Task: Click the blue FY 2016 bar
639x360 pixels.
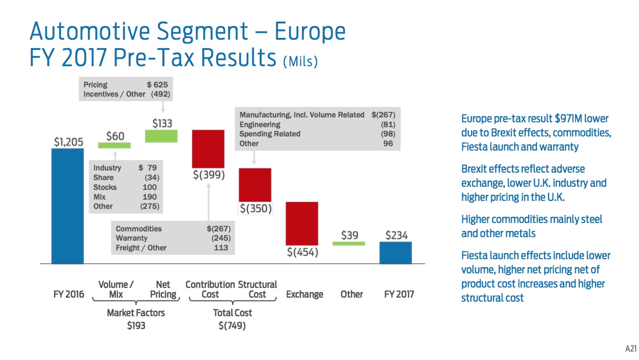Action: [x=67, y=206]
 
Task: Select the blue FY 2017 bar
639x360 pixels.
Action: [x=396, y=253]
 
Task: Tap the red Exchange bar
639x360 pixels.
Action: [x=302, y=224]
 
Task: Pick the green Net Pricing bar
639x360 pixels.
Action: [x=161, y=136]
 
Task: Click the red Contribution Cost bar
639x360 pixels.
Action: [x=208, y=149]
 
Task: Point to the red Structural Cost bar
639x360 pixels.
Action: [x=255, y=185]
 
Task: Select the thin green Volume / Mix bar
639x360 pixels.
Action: [x=114, y=145]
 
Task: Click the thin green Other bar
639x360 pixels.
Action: [x=349, y=243]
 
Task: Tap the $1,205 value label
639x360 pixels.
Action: [x=68, y=142]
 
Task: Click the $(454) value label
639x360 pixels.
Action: [x=303, y=253]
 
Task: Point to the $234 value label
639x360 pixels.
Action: [x=396, y=235]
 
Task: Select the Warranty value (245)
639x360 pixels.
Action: [x=221, y=238]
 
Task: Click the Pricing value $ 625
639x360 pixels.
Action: [x=157, y=84]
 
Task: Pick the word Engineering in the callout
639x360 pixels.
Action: [x=260, y=125]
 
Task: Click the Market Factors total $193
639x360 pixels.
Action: [x=136, y=326]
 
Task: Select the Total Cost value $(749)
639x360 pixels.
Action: [x=232, y=326]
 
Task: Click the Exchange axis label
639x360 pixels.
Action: [x=304, y=294]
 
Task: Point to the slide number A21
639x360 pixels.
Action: [x=631, y=349]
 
